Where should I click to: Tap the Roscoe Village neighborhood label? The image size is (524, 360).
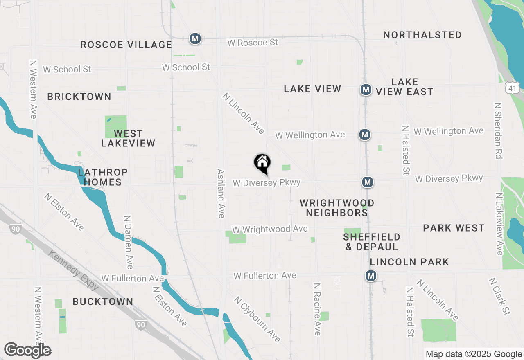(x=126, y=45)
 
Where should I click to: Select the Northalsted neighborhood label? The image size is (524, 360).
(x=422, y=35)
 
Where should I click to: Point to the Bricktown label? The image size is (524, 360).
(x=79, y=97)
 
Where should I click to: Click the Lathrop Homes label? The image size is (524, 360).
(x=103, y=177)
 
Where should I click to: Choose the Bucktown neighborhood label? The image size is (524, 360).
(x=103, y=302)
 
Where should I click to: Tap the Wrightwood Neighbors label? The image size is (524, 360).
(x=337, y=208)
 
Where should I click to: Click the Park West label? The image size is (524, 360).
(x=454, y=228)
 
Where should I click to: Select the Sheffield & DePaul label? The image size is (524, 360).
(x=372, y=242)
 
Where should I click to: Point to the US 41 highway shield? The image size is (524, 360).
(x=512, y=88)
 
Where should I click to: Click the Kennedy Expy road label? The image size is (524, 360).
(x=74, y=270)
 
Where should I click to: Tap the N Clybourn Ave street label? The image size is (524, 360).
(x=257, y=319)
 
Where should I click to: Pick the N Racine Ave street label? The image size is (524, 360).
(x=317, y=309)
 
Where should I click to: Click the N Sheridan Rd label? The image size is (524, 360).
(x=498, y=130)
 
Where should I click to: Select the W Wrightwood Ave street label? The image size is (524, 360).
(x=269, y=229)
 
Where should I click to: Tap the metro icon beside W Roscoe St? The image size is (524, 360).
(x=195, y=39)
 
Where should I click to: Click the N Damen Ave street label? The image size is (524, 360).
(x=129, y=243)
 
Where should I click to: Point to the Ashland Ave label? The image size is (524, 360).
(x=221, y=193)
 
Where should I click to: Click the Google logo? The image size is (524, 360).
(x=28, y=350)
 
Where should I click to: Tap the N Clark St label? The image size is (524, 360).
(x=499, y=297)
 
